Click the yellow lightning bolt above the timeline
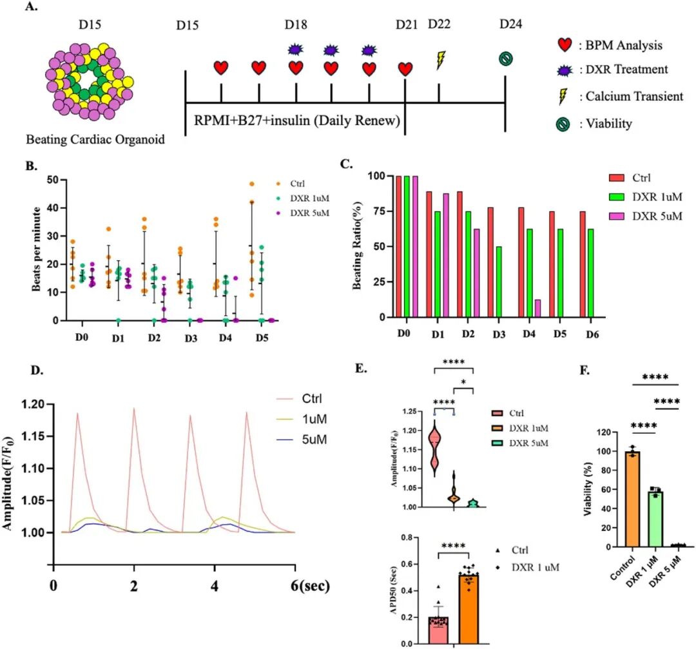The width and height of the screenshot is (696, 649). tap(440, 61)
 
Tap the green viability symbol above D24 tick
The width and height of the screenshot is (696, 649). tap(506, 59)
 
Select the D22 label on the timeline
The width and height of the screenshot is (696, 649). tap(439, 24)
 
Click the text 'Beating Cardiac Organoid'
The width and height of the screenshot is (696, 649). tap(95, 139)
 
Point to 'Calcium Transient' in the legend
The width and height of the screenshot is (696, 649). tap(634, 96)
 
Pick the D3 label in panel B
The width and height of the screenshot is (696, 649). tap(191, 338)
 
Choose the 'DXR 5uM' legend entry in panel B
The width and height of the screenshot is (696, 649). tap(310, 213)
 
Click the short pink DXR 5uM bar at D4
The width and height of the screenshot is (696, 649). tap(537, 309)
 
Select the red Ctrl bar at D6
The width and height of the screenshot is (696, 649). tap(583, 265)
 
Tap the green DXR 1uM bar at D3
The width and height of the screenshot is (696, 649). tap(498, 282)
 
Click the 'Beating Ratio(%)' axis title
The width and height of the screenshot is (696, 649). tap(357, 246)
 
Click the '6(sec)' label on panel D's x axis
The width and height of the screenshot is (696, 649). tap(310, 586)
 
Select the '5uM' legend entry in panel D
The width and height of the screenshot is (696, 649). tap(314, 440)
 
